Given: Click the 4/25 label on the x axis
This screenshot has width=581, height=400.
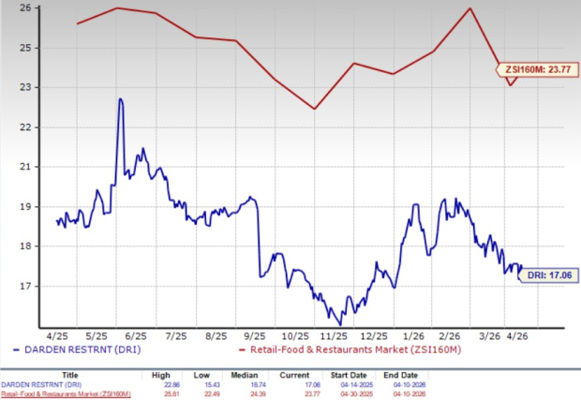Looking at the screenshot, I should pyautogui.click(x=57, y=334).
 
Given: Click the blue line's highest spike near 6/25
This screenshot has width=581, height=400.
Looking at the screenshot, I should pyautogui.click(x=120, y=98).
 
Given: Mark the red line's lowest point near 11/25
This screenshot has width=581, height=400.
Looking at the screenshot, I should pyautogui.click(x=314, y=109).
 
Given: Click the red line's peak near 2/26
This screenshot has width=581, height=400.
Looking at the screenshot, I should pyautogui.click(x=469, y=8).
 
